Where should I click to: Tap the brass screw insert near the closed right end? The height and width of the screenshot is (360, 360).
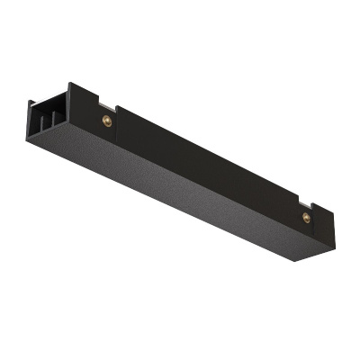[x=307, y=217]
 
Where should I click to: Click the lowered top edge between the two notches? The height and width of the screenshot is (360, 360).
[x=207, y=153]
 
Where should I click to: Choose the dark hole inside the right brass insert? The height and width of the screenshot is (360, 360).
[x=307, y=217]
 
